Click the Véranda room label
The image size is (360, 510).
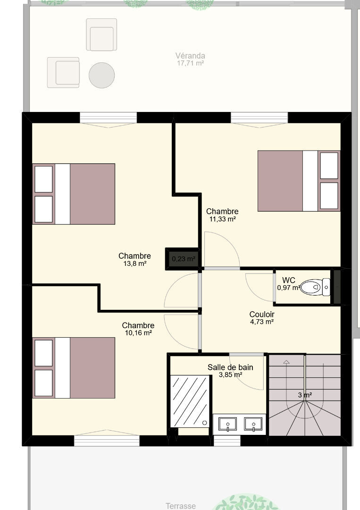[190, 56]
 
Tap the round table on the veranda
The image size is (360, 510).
[102, 75]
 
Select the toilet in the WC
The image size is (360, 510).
[315, 287]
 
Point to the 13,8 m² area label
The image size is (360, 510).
[135, 263]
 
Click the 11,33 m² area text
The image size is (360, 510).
[222, 219]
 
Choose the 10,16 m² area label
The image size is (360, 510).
[138, 333]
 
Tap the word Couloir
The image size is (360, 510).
[262, 314]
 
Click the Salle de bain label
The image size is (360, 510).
[230, 367]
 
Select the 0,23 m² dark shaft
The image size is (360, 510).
[183, 259]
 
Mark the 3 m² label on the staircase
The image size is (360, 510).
[305, 395]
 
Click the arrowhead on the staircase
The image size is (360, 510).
[286, 362]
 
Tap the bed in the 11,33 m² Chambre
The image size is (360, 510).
[299, 181]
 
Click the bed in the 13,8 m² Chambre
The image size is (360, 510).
[74, 194]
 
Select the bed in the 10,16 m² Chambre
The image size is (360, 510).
[74, 368]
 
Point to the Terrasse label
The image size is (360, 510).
[181, 506]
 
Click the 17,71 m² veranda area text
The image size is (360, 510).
[191, 63]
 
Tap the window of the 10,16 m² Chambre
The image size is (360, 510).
[107, 441]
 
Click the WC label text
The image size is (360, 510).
[289, 280]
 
